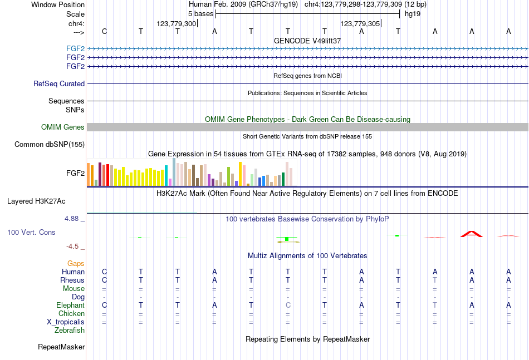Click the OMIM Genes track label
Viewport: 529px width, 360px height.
point(62,127)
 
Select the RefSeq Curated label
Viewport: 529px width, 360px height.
point(59,84)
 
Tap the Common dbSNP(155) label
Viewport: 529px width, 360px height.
point(50,145)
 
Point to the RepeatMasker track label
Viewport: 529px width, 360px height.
point(61,347)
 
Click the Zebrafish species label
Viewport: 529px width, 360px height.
point(70,330)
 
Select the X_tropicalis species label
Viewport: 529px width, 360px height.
point(66,322)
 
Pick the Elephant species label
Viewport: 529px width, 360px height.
point(70,305)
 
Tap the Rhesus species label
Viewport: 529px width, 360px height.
point(73,280)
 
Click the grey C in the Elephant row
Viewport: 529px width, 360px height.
point(288,305)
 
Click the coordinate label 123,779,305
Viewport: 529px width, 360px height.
point(360,24)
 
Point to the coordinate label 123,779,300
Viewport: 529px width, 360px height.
point(177,24)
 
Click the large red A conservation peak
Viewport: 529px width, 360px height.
point(472,234)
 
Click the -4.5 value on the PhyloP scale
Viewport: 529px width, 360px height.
point(72,246)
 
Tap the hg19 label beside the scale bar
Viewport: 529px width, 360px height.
point(413,13)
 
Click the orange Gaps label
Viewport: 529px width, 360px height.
point(76,263)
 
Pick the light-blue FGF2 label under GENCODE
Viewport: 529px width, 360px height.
point(75,48)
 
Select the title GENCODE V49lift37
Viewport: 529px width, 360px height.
point(307,41)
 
